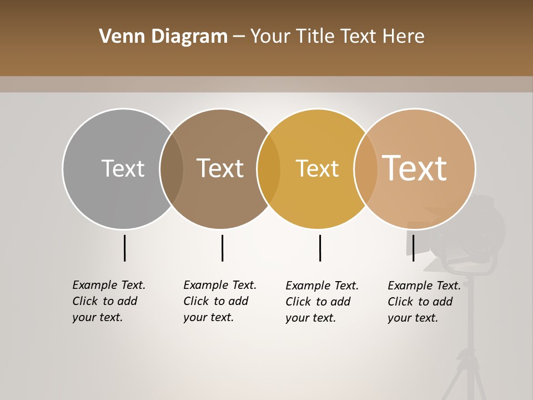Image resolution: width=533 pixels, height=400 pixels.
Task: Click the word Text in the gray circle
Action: coord(123,168)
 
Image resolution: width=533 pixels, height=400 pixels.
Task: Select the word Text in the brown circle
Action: coord(220,168)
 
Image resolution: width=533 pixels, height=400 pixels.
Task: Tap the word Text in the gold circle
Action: coord(317,168)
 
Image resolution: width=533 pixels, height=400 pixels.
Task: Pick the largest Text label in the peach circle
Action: coord(414,168)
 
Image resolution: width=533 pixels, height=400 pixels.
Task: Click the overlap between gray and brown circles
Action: coord(172,168)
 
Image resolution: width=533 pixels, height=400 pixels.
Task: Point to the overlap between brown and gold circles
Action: coord(269,168)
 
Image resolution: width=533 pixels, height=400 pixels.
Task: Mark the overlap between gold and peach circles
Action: coord(366,168)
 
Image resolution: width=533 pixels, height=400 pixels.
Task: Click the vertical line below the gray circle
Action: coord(124,248)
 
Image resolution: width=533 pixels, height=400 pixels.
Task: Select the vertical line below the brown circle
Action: coord(222,248)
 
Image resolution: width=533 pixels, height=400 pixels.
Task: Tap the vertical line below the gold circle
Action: coord(320,248)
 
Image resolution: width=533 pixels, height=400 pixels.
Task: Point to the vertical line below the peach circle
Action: coord(413,248)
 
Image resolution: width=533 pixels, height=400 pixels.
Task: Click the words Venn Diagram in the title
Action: coord(163,37)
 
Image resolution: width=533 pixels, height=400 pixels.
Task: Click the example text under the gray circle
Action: coord(108,301)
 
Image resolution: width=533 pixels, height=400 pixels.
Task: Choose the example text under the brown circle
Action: coord(219,301)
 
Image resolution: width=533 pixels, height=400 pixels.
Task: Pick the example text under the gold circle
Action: coord(321,302)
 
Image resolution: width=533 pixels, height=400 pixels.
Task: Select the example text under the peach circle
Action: coord(424,302)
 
